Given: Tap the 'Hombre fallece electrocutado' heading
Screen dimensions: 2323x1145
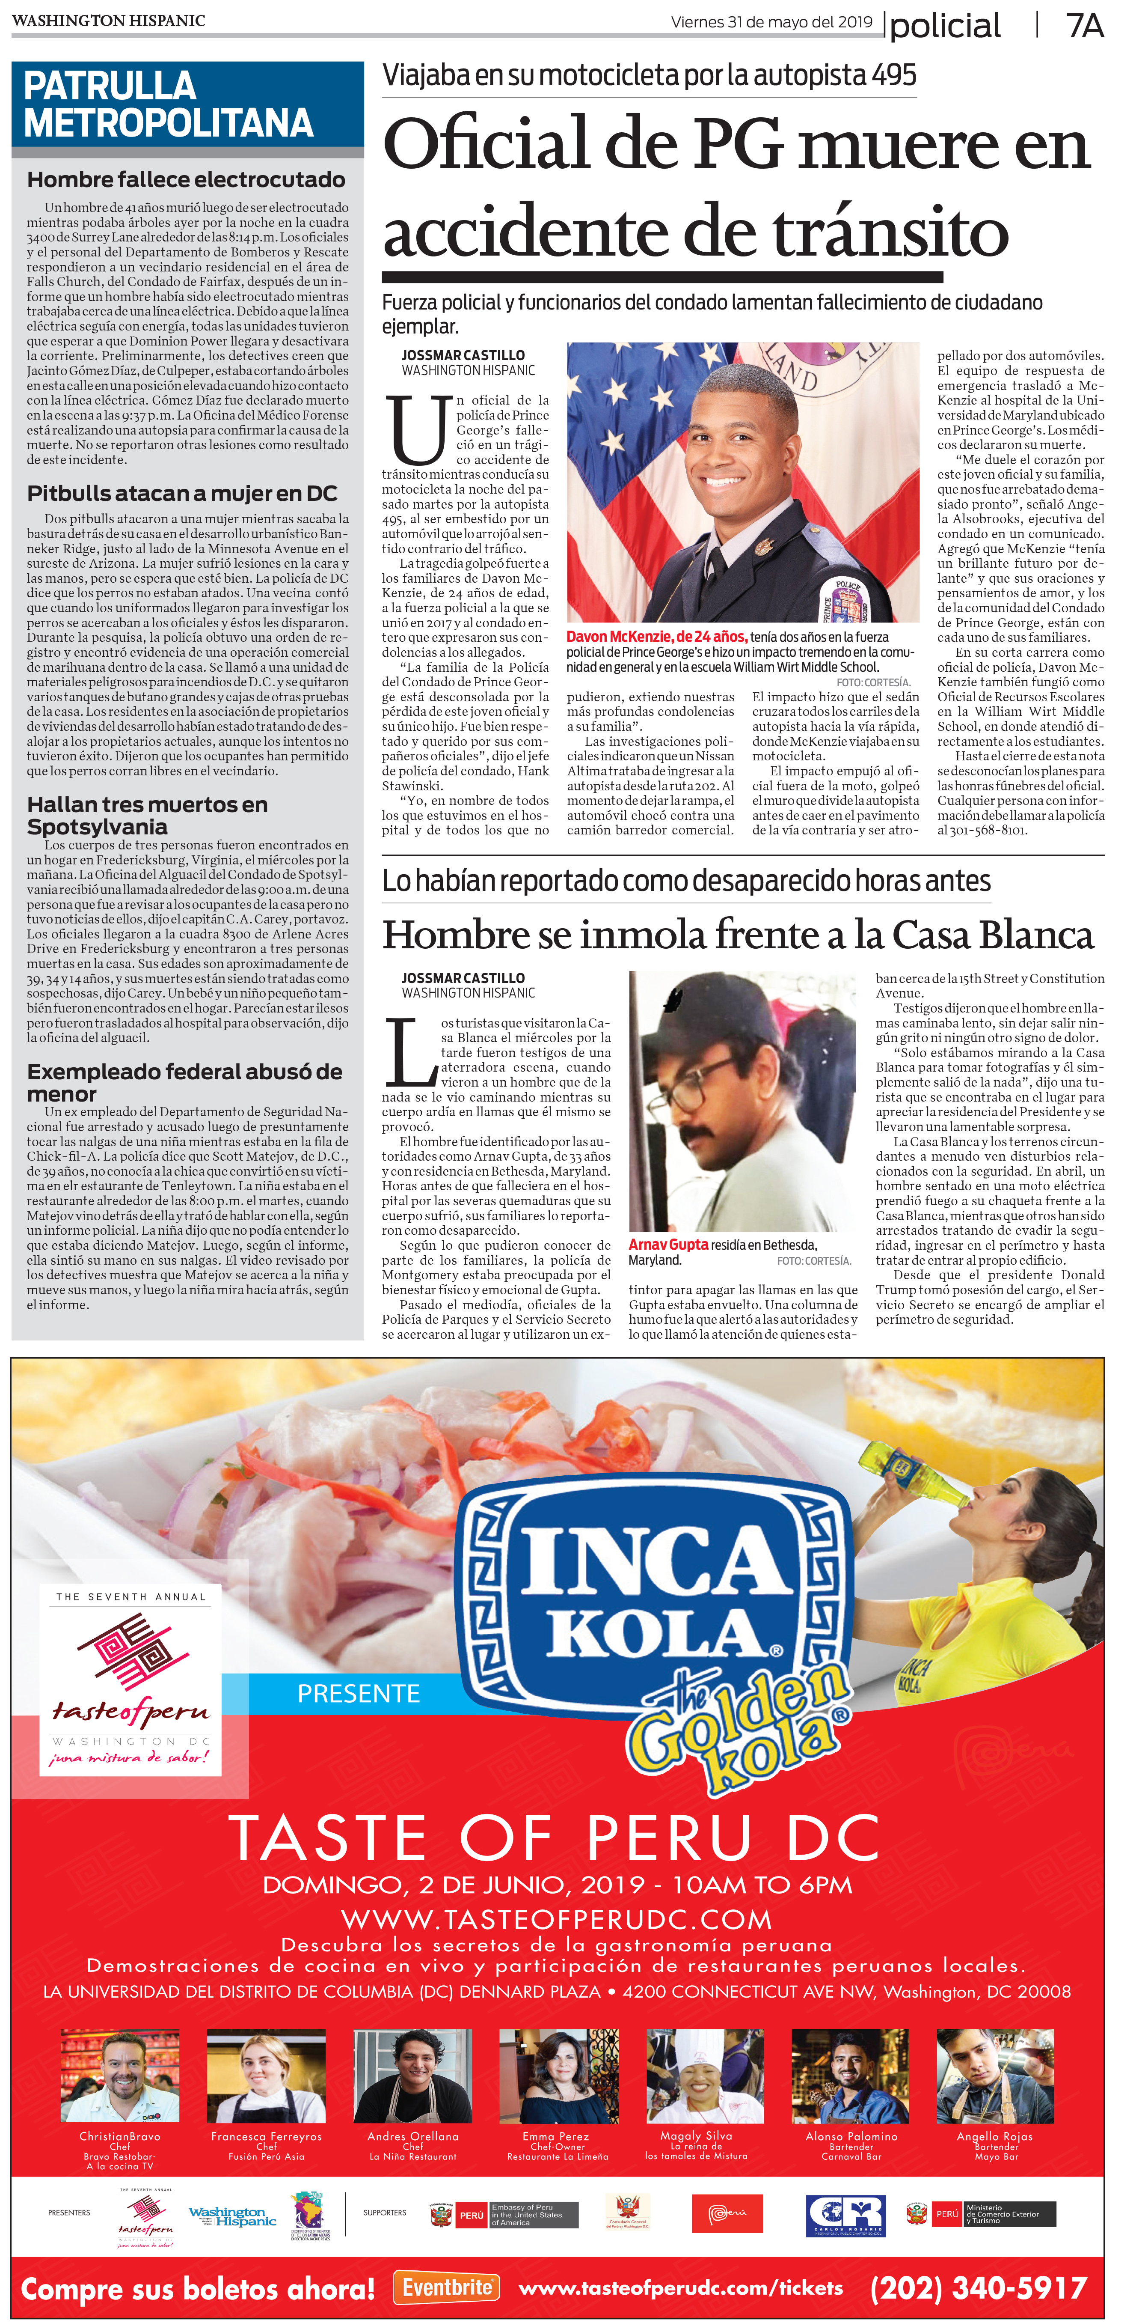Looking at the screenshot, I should [186, 179].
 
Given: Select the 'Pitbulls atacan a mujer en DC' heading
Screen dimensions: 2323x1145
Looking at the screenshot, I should [182, 493].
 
